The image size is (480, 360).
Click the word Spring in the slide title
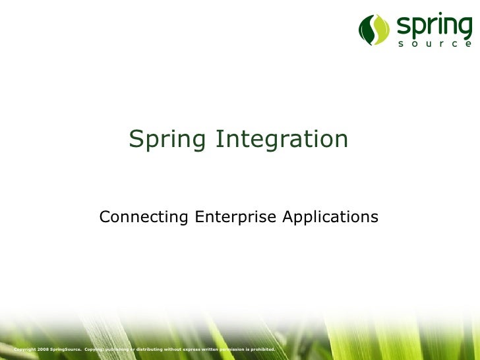[167, 140]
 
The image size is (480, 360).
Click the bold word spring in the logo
[434, 28]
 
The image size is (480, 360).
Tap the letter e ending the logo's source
[468, 45]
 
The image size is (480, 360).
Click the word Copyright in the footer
[24, 348]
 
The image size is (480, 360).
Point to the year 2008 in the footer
[43, 348]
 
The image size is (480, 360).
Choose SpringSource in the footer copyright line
[66, 348]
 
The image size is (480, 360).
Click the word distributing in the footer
[150, 348]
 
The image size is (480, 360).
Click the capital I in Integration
[220, 139]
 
